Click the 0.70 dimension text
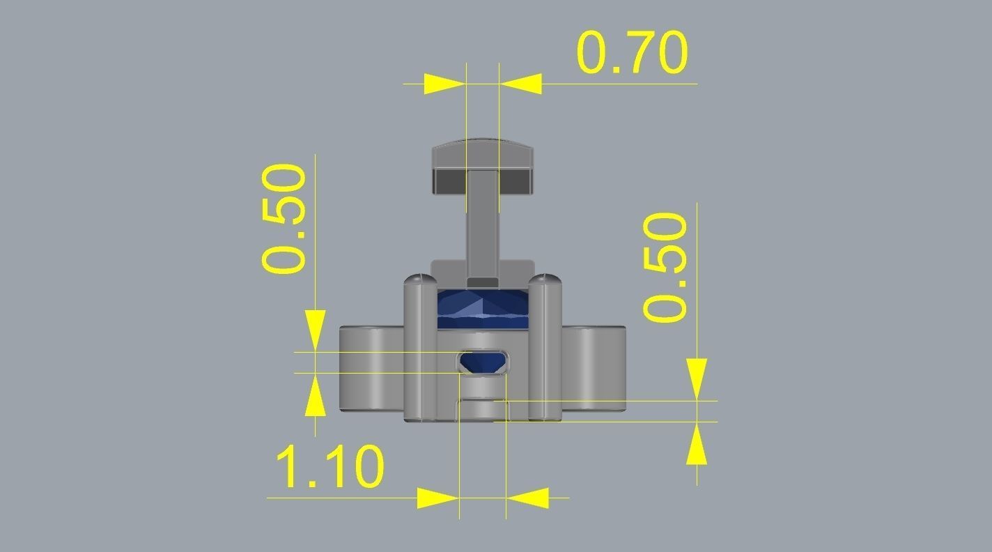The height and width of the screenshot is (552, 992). (x=633, y=52)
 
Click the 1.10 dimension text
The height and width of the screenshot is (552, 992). (x=330, y=466)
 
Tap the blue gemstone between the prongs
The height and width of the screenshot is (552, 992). (x=483, y=309)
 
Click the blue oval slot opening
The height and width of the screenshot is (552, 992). (x=483, y=362)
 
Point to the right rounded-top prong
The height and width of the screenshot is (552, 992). (x=545, y=347)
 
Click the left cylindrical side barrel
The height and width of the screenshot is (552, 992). (x=371, y=369)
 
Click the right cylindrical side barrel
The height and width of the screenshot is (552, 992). (x=594, y=369)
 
